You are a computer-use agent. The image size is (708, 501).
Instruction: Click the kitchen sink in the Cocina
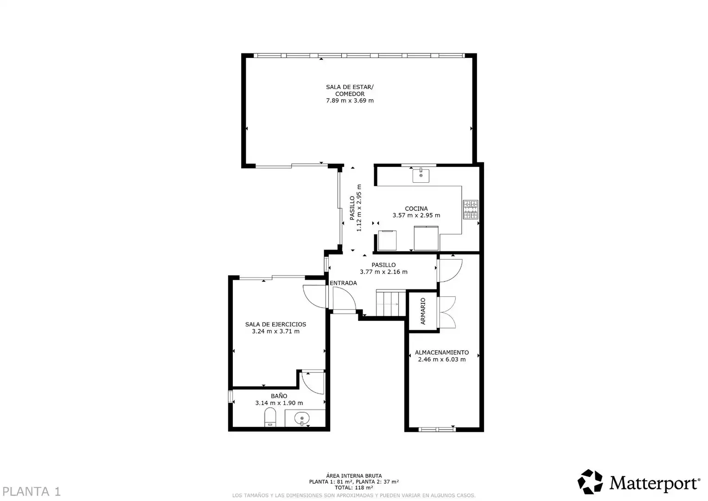pyautogui.click(x=421, y=175)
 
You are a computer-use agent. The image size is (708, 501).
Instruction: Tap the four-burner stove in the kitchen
pyautogui.click(x=471, y=209)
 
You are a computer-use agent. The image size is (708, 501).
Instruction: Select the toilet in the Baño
pyautogui.click(x=270, y=417)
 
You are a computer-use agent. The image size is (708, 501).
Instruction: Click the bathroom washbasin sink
pyautogui.click(x=302, y=419)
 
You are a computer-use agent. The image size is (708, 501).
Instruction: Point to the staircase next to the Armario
pyautogui.click(x=391, y=302)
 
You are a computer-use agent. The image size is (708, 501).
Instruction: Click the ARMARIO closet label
pyautogui.click(x=423, y=311)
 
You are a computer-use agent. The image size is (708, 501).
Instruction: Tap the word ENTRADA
pyautogui.click(x=343, y=283)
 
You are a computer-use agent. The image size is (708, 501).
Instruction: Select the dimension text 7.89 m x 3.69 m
pyautogui.click(x=350, y=101)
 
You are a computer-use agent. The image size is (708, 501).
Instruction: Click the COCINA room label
pyautogui.click(x=416, y=208)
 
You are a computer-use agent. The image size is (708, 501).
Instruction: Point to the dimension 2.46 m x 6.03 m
pyautogui.click(x=442, y=360)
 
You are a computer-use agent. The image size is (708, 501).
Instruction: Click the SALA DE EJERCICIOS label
pyautogui.click(x=275, y=324)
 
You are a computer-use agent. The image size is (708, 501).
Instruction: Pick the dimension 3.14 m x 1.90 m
pyautogui.click(x=279, y=403)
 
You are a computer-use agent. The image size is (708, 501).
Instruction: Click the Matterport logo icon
pyautogui.click(x=590, y=482)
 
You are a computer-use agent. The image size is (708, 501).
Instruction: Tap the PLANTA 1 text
pyautogui.click(x=31, y=492)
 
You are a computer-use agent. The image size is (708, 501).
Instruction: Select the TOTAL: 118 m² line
pyautogui.click(x=354, y=488)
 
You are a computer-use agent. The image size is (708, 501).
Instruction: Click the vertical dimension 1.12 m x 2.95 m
pyautogui.click(x=359, y=208)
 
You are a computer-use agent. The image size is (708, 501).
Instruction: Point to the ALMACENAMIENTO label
pyautogui.click(x=442, y=353)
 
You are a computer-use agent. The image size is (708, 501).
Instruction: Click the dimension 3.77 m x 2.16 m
pyautogui.click(x=384, y=272)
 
